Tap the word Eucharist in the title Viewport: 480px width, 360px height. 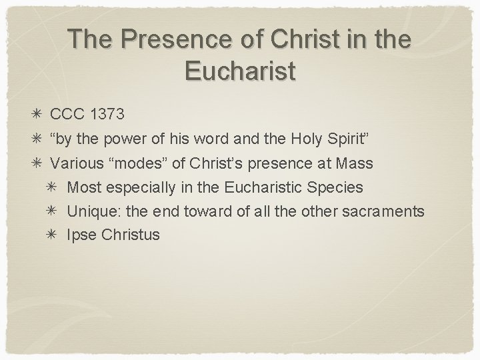(239, 70)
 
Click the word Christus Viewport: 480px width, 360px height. (131, 235)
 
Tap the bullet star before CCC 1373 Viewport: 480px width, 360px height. (41, 114)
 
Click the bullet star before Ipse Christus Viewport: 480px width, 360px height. (57, 235)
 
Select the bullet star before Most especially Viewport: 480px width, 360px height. (57, 187)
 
